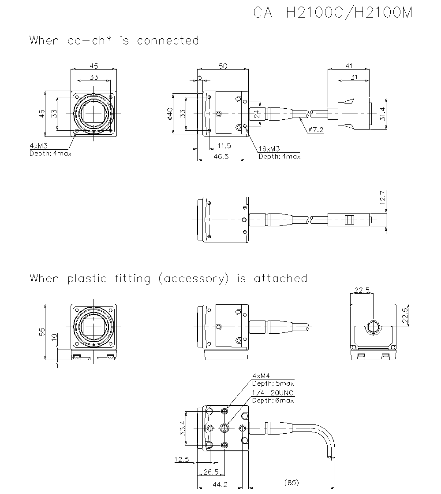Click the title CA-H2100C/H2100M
tap(333, 13)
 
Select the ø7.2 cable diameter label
tap(316, 129)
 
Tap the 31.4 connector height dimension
tap(382, 114)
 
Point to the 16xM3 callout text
tap(269, 149)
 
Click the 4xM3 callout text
tap(38, 145)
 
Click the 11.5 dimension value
tap(224, 145)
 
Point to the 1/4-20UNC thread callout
tap(272, 393)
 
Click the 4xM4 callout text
tap(261, 376)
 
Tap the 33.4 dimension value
tap(183, 428)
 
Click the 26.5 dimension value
tap(211, 472)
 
